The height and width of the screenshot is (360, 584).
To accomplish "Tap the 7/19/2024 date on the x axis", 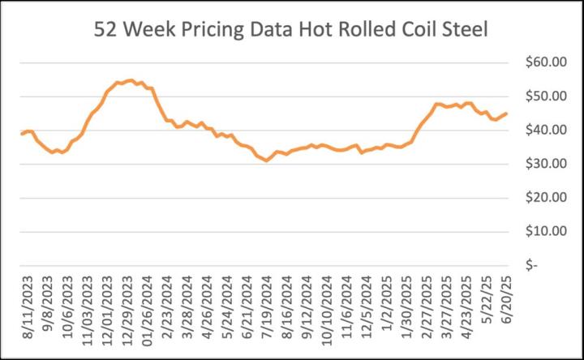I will click(x=267, y=311).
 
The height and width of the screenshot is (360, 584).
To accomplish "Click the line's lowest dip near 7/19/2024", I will click(x=266, y=161).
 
